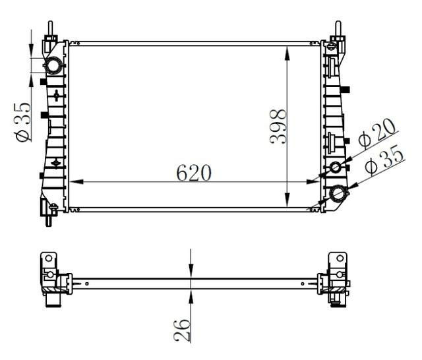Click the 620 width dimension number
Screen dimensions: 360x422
click(x=194, y=173)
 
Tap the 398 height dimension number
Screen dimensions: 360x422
click(x=278, y=125)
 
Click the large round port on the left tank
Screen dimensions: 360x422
click(x=52, y=65)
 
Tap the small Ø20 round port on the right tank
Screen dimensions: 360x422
click(x=336, y=167)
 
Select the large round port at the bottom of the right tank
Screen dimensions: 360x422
click(x=339, y=193)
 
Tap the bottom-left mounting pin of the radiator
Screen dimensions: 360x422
click(x=49, y=218)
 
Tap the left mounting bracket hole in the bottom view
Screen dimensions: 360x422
click(x=47, y=258)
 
